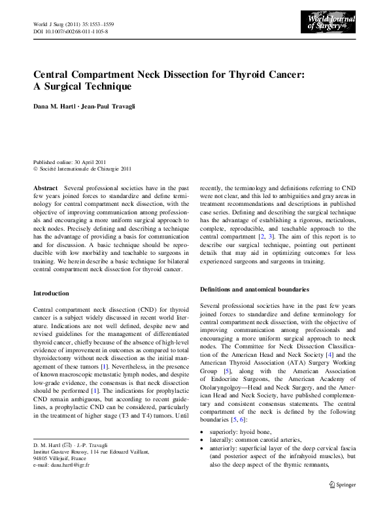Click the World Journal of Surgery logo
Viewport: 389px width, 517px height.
coord(331,24)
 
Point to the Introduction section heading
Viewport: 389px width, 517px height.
coord(51,293)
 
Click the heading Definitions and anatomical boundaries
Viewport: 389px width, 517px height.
coord(254,289)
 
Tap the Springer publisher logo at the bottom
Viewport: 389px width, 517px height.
coord(344,502)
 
